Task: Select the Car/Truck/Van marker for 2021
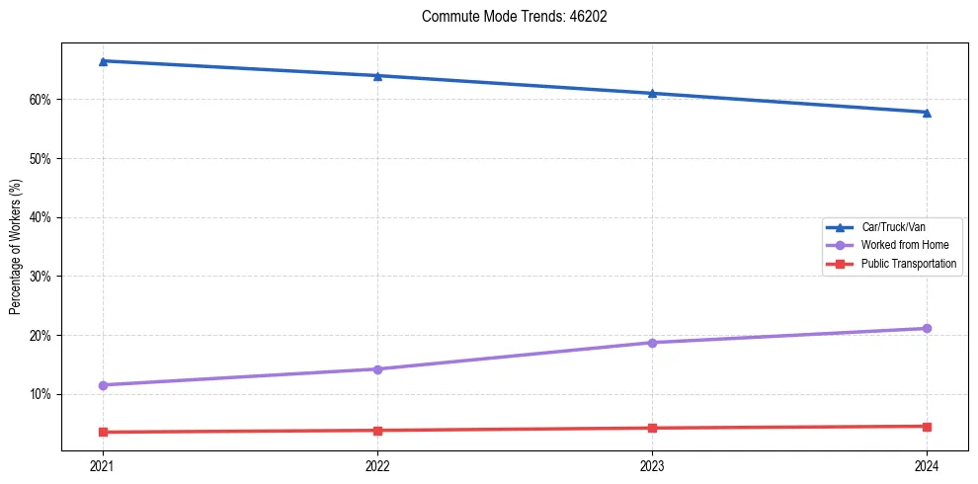click(103, 61)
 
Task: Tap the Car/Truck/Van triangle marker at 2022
click(377, 76)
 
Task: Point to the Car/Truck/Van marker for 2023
click(652, 94)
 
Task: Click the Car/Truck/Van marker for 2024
click(927, 113)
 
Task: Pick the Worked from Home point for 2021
click(103, 385)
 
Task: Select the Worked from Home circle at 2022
click(377, 369)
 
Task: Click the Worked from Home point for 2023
click(652, 343)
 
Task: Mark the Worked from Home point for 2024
click(927, 328)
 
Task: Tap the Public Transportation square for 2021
click(103, 432)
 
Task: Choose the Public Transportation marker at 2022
click(377, 431)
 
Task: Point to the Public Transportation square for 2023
click(652, 428)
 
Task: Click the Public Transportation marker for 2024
click(927, 427)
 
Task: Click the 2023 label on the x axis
click(652, 465)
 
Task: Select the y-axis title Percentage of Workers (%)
click(16, 248)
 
